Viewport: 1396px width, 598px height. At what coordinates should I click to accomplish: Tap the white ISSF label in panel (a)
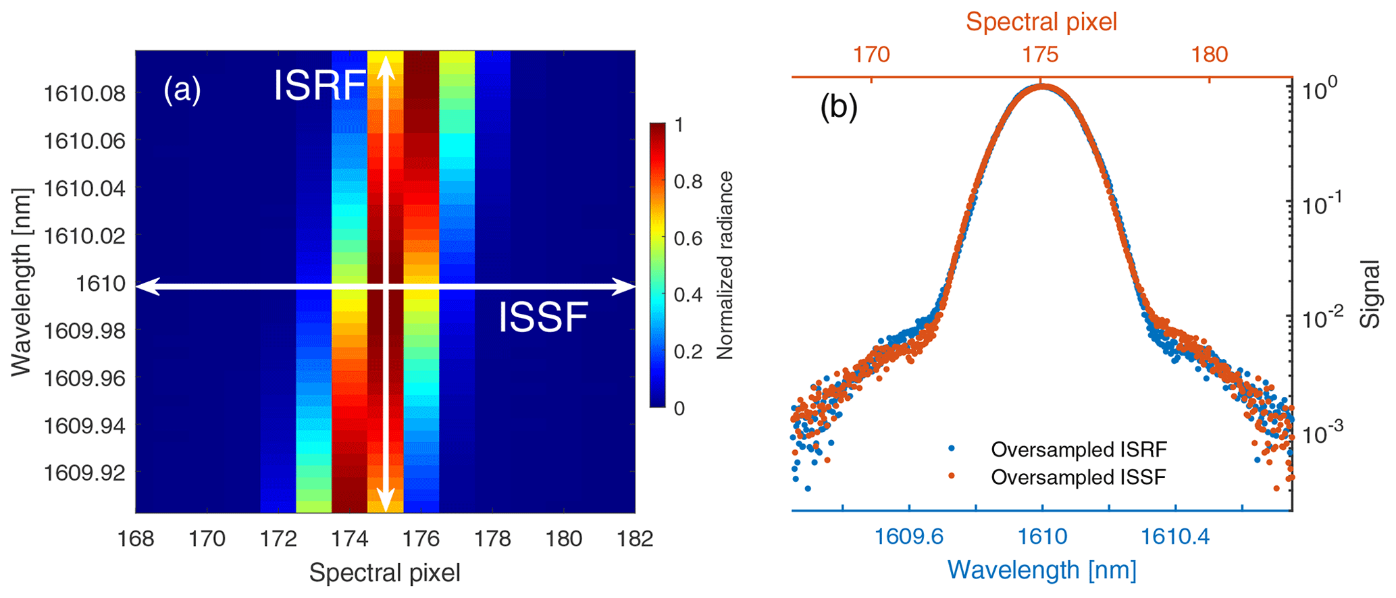click(x=543, y=318)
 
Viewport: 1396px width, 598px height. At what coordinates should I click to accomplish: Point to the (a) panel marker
click(x=182, y=90)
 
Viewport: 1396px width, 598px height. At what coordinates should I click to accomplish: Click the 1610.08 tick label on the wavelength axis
click(x=84, y=93)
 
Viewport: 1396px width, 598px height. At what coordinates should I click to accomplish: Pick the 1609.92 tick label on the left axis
click(x=84, y=473)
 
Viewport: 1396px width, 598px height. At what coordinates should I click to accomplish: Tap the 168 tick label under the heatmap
click(x=136, y=539)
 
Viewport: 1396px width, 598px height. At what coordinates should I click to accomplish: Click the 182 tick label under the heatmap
click(x=635, y=539)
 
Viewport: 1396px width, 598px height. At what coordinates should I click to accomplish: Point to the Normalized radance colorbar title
click(x=725, y=265)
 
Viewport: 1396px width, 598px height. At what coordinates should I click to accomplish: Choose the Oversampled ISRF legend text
click(x=1079, y=450)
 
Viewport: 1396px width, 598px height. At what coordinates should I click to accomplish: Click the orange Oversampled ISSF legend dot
click(x=952, y=476)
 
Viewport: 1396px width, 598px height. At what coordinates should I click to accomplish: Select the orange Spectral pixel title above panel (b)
click(x=1041, y=22)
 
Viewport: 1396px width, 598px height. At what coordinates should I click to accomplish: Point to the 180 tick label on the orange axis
click(x=1209, y=54)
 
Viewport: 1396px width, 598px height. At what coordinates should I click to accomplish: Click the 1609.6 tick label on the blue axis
click(x=908, y=537)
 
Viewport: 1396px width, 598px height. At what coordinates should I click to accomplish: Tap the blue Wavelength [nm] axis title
click(x=1041, y=570)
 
